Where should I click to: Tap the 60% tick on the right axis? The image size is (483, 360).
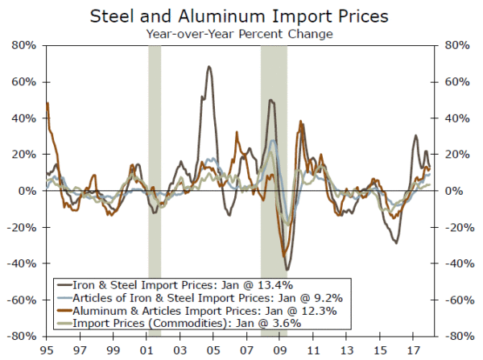pyautogui.click(x=452, y=82)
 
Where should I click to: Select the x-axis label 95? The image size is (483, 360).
pyautogui.click(x=46, y=350)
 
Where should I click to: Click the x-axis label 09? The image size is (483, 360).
pyautogui.click(x=281, y=350)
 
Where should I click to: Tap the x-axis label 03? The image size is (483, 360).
pyautogui.click(x=180, y=350)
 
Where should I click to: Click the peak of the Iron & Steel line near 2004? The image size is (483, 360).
pyautogui.click(x=209, y=67)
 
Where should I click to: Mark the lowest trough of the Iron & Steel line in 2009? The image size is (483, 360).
pyautogui.click(x=287, y=269)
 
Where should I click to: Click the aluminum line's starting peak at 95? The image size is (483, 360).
pyautogui.click(x=47, y=103)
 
